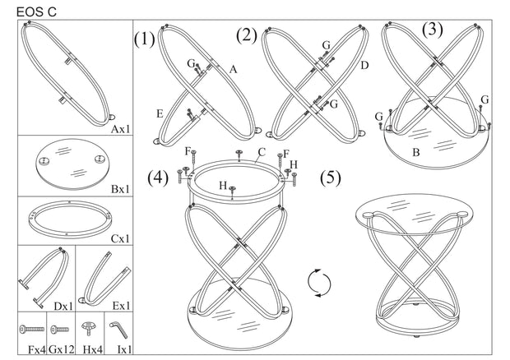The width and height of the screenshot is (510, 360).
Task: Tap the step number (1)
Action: pos(145,39)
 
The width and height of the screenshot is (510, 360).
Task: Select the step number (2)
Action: pos(246,35)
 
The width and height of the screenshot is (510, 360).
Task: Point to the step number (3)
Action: pos(432,30)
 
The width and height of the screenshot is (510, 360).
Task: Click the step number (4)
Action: pos(159,178)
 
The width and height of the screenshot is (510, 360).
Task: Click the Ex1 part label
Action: pos(120,306)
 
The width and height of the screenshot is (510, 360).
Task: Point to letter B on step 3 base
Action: pos(417,151)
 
